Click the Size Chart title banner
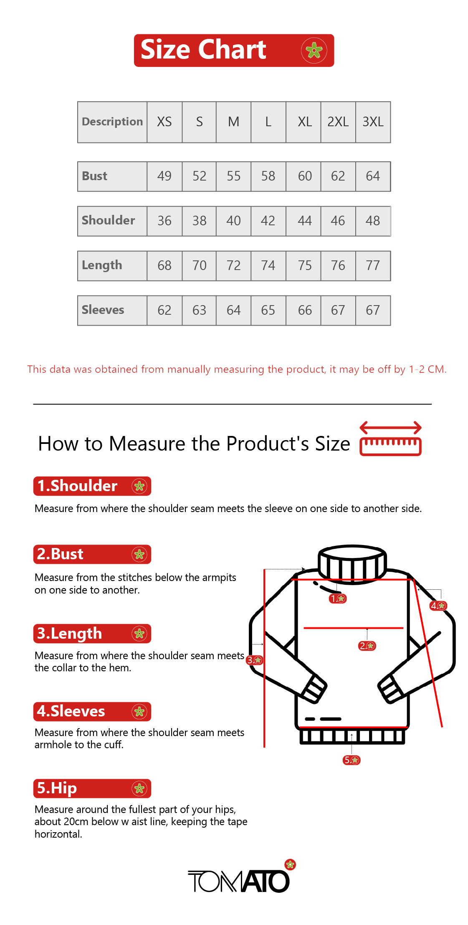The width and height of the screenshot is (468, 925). (x=234, y=50)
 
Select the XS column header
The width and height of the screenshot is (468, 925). (x=164, y=122)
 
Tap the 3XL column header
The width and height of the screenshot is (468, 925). (x=373, y=122)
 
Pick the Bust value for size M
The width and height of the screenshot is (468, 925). (x=233, y=176)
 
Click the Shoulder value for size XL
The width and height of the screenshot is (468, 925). (x=305, y=221)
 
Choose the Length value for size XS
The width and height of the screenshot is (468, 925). (x=164, y=265)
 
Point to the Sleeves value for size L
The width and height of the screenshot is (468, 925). (x=268, y=310)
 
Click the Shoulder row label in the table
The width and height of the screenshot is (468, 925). (x=109, y=220)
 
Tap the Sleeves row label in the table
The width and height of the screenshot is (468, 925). (x=103, y=310)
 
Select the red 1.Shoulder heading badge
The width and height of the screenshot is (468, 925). (x=92, y=486)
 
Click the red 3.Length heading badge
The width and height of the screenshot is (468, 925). (x=92, y=634)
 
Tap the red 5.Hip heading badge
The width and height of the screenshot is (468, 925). (x=92, y=788)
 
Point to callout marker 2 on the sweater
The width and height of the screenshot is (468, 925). (x=367, y=646)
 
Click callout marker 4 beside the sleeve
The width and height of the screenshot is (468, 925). (x=438, y=606)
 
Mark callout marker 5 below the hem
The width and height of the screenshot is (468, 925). (x=352, y=760)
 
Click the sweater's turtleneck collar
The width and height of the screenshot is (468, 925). (x=352, y=562)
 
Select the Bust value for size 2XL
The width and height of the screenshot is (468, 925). (x=338, y=176)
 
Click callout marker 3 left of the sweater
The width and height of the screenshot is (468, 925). (x=255, y=660)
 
